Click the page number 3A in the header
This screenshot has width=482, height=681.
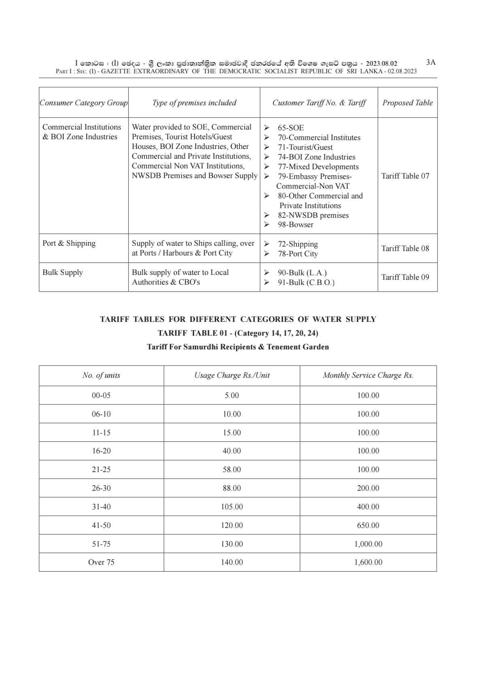pyautogui.click(x=431, y=62)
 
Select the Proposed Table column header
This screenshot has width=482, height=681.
pyautogui.click(x=407, y=103)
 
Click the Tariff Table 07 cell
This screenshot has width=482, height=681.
pyautogui.click(x=405, y=176)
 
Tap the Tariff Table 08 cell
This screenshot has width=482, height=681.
pyautogui.click(x=405, y=249)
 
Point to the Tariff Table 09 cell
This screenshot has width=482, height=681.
pyautogui.click(x=405, y=277)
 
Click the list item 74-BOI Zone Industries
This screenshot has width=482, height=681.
pyautogui.click(x=316, y=157)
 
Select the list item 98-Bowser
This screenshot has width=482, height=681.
pyautogui.click(x=295, y=225)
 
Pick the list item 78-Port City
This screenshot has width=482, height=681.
pyautogui.click(x=298, y=254)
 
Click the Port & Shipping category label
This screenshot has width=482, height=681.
pyautogui.click(x=69, y=243)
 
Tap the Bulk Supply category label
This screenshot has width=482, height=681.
pyautogui.click(x=63, y=272)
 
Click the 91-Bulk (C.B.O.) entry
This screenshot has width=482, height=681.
pyautogui.click(x=306, y=283)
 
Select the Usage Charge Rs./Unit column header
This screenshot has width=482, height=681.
pyautogui.click(x=232, y=375)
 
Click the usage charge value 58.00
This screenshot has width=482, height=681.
pyautogui.click(x=232, y=470)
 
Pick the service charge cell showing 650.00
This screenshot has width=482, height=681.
pyautogui.click(x=368, y=526)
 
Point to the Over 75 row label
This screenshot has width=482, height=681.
pyautogui.click(x=101, y=562)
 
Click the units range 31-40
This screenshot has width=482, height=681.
pyautogui.click(x=101, y=507)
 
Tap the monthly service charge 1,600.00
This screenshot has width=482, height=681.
pyautogui.click(x=368, y=562)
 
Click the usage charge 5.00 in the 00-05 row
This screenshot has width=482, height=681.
pyautogui.click(x=232, y=396)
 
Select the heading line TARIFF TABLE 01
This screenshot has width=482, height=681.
pyautogui.click(x=238, y=333)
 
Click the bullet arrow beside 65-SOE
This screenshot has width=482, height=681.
pyautogui.click(x=267, y=128)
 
